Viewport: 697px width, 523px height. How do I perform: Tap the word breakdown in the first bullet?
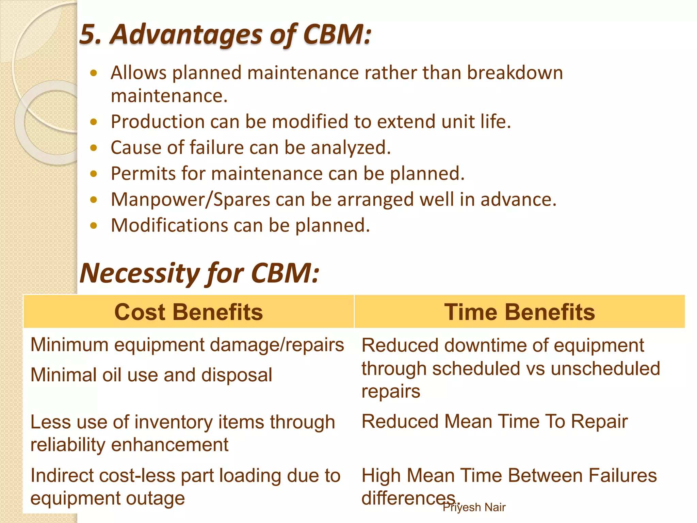coord(515,73)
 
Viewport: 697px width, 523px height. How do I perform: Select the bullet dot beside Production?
coord(94,122)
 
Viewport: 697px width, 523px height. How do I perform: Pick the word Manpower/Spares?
coord(191,200)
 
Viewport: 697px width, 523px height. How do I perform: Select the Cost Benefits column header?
coord(189,312)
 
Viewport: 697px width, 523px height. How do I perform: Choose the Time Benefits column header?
coord(519,312)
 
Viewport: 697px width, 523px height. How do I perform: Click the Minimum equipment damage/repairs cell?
coord(187,345)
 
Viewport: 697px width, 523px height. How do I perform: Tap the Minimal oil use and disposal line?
coord(151,375)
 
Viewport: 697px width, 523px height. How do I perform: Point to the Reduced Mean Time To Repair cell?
coord(494,421)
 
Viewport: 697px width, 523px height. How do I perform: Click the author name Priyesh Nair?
coord(474,507)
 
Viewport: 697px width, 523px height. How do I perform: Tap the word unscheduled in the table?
coord(605,368)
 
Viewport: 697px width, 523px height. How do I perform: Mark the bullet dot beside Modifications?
coord(94,225)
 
